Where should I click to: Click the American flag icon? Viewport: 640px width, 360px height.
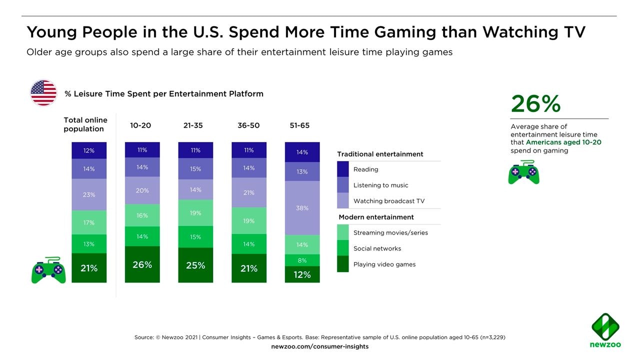click(x=43, y=92)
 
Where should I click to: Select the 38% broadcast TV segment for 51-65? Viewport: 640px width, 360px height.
click(x=302, y=208)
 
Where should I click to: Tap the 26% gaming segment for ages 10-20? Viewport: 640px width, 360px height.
click(x=142, y=264)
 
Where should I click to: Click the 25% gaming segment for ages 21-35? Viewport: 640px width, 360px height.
click(x=195, y=265)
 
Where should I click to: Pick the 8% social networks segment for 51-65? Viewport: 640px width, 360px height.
click(x=302, y=260)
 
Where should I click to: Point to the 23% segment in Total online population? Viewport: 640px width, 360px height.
click(x=89, y=194)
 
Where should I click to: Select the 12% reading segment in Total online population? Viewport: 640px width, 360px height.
click(x=89, y=150)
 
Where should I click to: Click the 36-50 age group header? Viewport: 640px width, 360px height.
click(x=248, y=125)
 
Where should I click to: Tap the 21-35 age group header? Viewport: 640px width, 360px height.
click(x=193, y=125)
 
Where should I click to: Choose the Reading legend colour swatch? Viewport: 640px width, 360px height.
click(x=343, y=169)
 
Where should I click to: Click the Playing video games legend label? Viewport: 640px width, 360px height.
click(x=384, y=264)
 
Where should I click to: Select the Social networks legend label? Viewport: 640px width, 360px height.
click(x=377, y=248)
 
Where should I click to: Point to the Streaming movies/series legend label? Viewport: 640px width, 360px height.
click(x=390, y=232)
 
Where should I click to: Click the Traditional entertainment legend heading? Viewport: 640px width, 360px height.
click(x=380, y=154)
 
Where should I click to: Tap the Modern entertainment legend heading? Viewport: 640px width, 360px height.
click(x=376, y=217)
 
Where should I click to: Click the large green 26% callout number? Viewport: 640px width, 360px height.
click(x=535, y=104)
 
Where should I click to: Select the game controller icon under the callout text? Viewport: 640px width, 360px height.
click(x=523, y=172)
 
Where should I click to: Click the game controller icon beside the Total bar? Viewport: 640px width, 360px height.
click(x=48, y=271)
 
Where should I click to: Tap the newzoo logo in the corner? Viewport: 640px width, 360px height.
click(x=605, y=330)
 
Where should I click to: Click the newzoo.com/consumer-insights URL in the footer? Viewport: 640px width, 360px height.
click(x=319, y=346)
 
